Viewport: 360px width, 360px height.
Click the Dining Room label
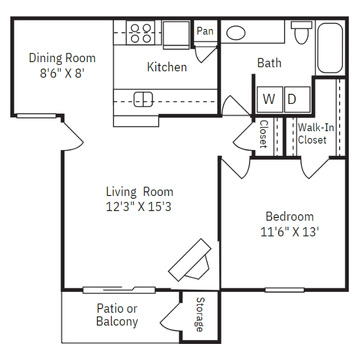pyautogui.click(x=62, y=58)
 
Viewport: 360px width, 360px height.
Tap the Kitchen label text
pyautogui.click(x=167, y=67)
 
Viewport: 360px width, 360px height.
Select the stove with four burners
pyautogui.click(x=141, y=33)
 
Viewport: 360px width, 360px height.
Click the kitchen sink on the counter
pyautogui.click(x=143, y=99)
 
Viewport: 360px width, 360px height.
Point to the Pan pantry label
pyautogui.click(x=205, y=31)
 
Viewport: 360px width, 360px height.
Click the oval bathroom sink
pyautogui.click(x=236, y=33)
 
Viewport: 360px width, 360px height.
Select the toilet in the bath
pyautogui.click(x=302, y=33)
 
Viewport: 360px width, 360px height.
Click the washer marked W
pyautogui.click(x=269, y=99)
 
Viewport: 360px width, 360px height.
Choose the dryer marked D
pyautogui.click(x=292, y=99)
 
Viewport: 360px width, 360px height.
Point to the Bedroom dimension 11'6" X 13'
pyautogui.click(x=290, y=232)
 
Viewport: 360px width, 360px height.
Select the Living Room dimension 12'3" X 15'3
pyautogui.click(x=139, y=206)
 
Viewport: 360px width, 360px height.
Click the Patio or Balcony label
pyautogui.click(x=117, y=315)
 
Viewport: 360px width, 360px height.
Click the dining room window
pyautogui.click(x=36, y=115)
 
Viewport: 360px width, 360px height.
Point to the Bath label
pyautogui.click(x=269, y=63)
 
